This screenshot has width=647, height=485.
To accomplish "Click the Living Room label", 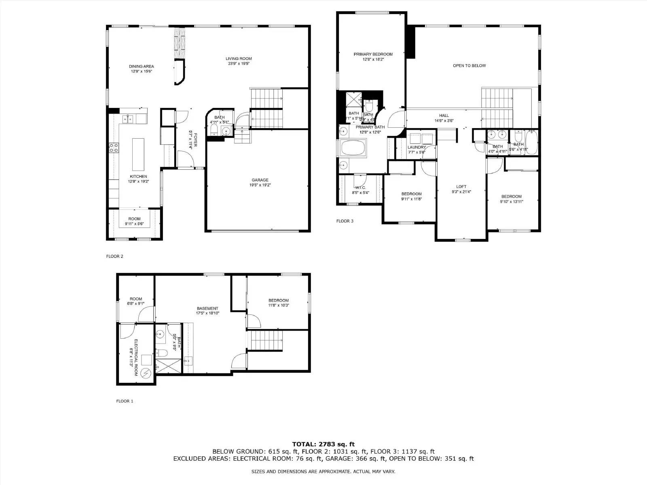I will [x=239, y=59].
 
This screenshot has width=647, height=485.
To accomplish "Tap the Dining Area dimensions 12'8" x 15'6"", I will [x=141, y=72].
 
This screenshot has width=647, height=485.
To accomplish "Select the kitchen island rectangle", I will [x=138, y=154].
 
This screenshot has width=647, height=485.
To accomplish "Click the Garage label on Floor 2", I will [x=260, y=180].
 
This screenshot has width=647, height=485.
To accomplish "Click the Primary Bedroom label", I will [x=373, y=54].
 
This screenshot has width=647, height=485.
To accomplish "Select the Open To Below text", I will [x=469, y=65].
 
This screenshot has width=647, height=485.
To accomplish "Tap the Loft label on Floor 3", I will [x=461, y=187].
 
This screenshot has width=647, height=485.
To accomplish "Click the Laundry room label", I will [x=417, y=148].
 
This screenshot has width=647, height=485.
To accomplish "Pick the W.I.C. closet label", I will [x=360, y=188].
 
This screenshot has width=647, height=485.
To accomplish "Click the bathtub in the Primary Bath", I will [x=353, y=148].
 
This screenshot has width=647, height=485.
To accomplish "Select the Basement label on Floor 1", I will [x=207, y=308].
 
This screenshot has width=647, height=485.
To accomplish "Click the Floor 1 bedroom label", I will [x=279, y=300].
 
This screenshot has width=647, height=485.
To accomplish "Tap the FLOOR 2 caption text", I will [x=114, y=256].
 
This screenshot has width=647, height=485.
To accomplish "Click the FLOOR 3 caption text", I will [x=345, y=221].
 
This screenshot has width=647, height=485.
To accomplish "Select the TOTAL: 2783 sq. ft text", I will [x=323, y=444].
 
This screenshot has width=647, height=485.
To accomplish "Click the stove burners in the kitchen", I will [x=114, y=148].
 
